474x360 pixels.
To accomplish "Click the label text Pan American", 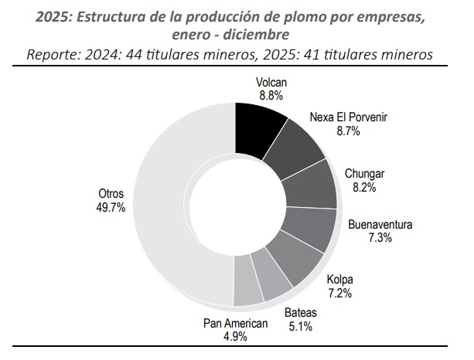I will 235,324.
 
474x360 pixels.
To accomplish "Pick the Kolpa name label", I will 339,280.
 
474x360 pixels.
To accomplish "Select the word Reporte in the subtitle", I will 53,55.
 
